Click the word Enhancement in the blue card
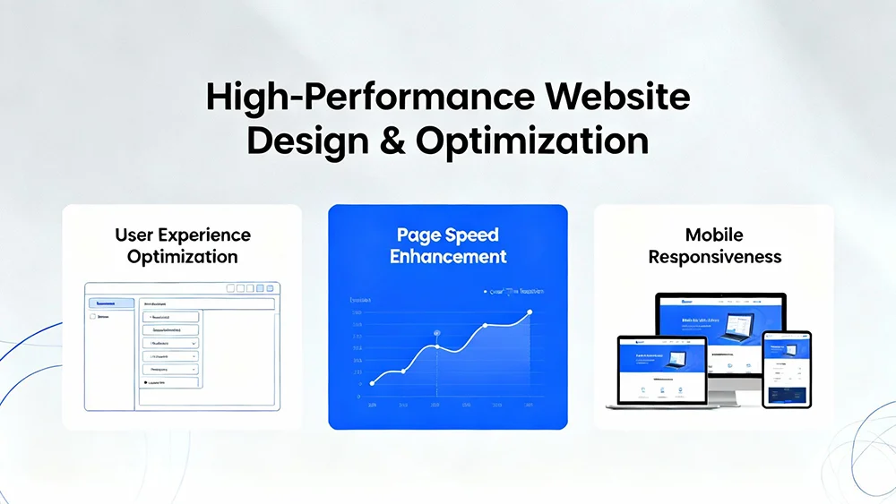[x=447, y=257]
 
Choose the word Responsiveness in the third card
[x=714, y=257]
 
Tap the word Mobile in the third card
[x=714, y=235]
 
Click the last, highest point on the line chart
[x=530, y=312]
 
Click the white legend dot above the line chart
[x=485, y=291]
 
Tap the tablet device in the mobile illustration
[x=786, y=368]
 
